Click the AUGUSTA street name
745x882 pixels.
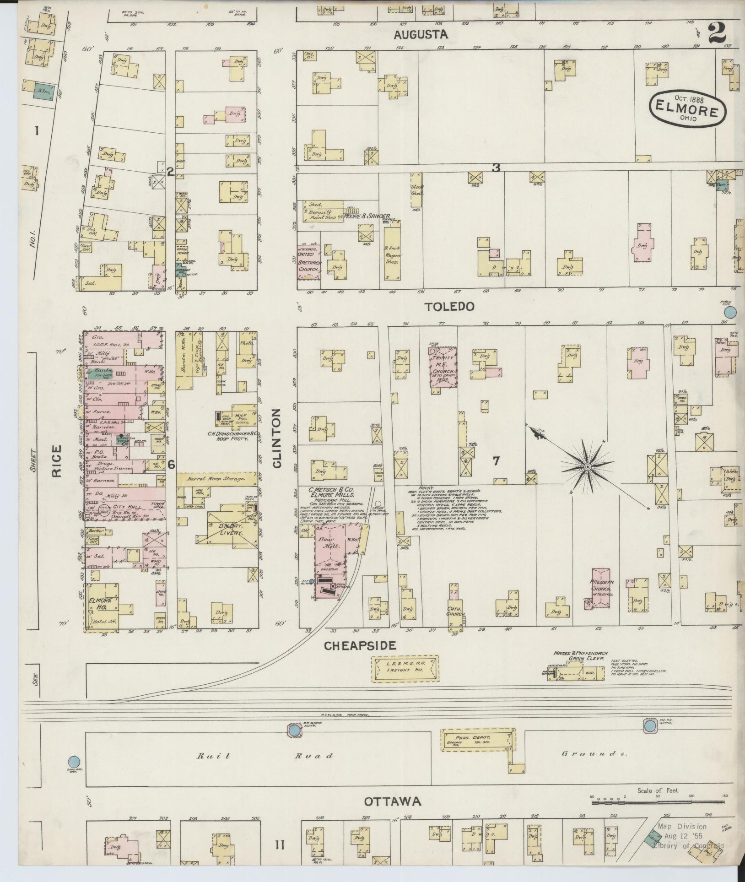click(x=421, y=34)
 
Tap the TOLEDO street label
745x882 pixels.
click(x=448, y=306)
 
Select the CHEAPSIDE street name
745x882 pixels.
click(x=360, y=645)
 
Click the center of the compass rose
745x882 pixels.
click(x=587, y=466)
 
